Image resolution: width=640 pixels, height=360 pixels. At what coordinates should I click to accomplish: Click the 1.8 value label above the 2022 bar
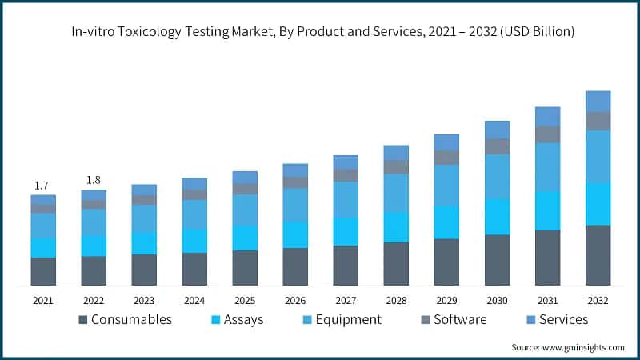point(94,180)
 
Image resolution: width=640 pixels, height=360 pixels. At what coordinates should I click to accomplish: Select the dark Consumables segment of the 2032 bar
point(598,255)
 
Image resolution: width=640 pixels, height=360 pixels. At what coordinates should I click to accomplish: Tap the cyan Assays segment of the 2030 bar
point(497,216)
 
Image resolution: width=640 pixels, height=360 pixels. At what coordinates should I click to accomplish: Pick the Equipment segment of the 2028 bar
point(396,192)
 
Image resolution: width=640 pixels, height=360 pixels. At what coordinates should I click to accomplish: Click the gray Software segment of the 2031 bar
point(547,134)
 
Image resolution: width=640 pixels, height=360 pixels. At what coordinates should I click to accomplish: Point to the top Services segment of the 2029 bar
point(446,142)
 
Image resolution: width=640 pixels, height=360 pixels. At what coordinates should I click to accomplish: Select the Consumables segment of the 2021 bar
point(43,271)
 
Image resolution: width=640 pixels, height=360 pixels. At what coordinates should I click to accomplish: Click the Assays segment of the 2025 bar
point(245,238)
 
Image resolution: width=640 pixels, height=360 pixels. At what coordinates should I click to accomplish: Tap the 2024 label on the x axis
point(194,301)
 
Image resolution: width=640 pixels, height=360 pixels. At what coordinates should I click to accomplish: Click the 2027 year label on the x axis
point(346,301)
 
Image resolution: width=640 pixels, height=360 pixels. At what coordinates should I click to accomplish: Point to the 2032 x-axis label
point(598,301)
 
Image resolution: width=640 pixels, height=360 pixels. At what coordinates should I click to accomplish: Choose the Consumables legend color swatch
point(83,320)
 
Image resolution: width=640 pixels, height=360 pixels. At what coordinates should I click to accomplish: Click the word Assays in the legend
point(244,320)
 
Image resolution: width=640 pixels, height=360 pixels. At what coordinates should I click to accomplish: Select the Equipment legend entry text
point(348,320)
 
